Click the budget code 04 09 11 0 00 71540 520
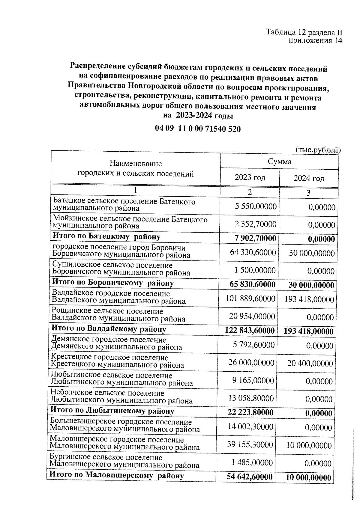click(198, 129)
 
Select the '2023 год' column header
click(250, 177)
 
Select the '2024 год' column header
click(309, 179)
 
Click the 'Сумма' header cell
click(280, 162)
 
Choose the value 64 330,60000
click(253, 252)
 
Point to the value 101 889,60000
click(250, 299)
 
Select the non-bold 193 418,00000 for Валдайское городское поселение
click(309, 299)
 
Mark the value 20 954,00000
click(252, 316)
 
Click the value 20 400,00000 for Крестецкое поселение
click(310, 364)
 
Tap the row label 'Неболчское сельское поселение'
click(107, 393)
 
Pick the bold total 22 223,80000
click(250, 413)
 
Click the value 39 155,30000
click(250, 444)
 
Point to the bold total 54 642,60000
click(250, 477)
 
